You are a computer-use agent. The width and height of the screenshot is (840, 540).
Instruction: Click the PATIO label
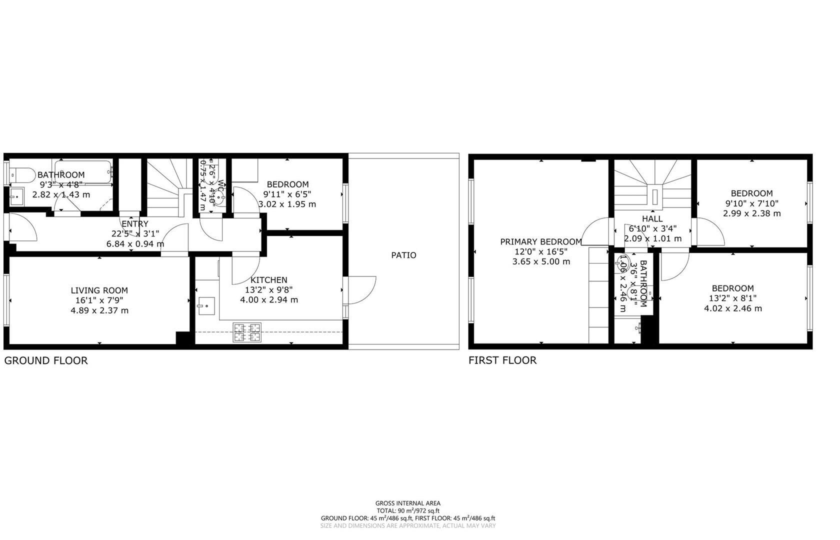click(x=403, y=255)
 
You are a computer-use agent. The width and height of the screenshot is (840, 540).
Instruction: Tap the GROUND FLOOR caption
click(x=46, y=360)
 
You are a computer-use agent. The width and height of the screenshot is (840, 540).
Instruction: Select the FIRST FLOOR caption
click(x=502, y=360)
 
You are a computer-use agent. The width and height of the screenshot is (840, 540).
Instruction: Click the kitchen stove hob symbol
click(x=247, y=333)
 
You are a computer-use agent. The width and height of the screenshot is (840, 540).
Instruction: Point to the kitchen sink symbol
click(x=206, y=305)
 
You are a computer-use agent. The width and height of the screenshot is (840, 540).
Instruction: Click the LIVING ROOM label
click(x=99, y=290)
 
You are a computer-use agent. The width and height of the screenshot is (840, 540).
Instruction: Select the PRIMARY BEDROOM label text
click(x=541, y=242)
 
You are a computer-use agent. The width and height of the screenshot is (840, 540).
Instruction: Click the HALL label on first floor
click(x=652, y=218)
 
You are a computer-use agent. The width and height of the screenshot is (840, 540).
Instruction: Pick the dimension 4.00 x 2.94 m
click(x=269, y=300)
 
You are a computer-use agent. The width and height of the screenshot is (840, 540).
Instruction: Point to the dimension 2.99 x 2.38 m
click(x=751, y=213)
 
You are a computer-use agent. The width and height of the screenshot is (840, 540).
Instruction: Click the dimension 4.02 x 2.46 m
click(x=732, y=308)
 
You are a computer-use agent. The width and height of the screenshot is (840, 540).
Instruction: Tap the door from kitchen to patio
click(x=361, y=290)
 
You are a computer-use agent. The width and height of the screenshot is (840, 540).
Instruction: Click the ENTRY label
click(x=135, y=224)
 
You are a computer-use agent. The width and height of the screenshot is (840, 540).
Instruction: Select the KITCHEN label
click(x=269, y=280)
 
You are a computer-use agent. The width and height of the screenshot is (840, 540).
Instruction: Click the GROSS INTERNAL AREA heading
click(x=408, y=503)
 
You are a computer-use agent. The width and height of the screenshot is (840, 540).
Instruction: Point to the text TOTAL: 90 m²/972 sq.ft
click(x=408, y=511)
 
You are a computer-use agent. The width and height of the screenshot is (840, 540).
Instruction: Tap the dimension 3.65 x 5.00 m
click(x=541, y=261)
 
